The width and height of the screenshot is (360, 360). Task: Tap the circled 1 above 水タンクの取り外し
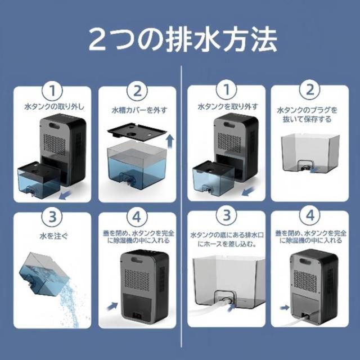click(52, 91)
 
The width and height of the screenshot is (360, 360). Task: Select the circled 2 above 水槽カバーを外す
click(139, 91)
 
